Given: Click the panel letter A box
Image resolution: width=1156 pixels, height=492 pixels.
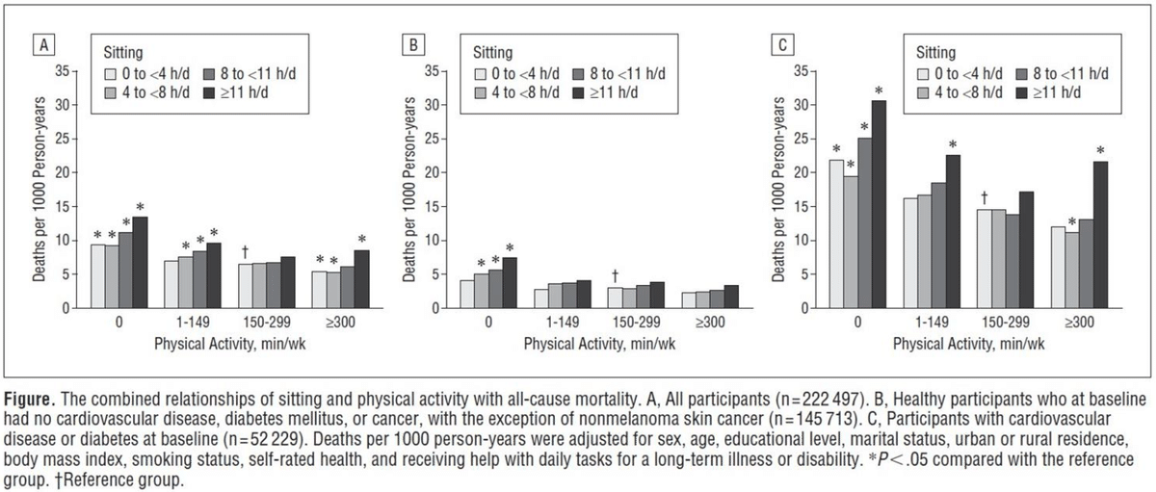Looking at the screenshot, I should (41, 44).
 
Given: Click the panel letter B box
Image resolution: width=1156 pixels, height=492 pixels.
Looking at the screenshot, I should (414, 44).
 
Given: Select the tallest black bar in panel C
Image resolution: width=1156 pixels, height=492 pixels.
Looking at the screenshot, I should (879, 204).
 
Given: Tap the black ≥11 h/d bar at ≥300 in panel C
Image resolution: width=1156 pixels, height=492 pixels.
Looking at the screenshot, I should (1100, 235).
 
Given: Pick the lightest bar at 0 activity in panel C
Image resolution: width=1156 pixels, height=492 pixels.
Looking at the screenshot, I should (835, 234).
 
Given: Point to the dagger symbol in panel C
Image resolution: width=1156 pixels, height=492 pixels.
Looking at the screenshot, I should (983, 196).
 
